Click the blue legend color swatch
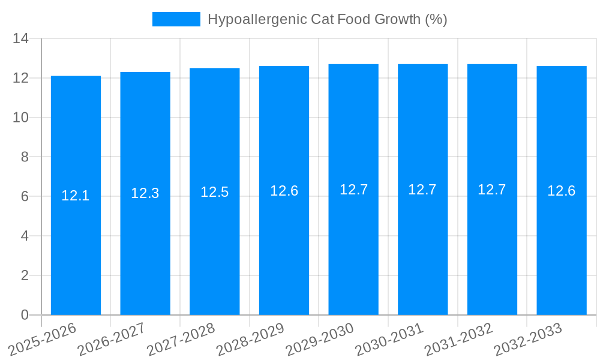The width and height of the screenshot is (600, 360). click(176, 19)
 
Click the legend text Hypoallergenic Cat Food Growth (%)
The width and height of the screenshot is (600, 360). click(327, 19)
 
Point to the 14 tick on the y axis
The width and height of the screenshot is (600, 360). click(21, 39)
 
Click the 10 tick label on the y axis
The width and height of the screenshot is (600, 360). click(21, 118)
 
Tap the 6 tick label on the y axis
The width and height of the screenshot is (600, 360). click(25, 197)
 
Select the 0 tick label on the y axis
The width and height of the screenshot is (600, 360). click(25, 315)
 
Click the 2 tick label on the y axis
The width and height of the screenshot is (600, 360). click(25, 275)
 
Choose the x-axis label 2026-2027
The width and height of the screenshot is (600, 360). click(112, 339)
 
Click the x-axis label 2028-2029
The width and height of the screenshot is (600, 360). click(251, 339)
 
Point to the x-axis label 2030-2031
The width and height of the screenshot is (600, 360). click(390, 339)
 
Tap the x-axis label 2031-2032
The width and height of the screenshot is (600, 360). click(459, 339)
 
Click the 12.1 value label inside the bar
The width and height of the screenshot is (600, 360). click(76, 196)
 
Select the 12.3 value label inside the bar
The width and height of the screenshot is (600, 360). click(145, 193)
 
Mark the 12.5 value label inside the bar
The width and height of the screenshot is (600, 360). click(215, 192)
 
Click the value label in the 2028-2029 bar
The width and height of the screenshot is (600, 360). click(284, 191)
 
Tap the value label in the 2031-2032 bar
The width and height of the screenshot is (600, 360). click(492, 190)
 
